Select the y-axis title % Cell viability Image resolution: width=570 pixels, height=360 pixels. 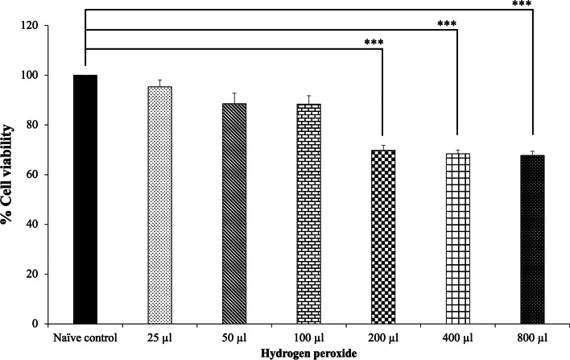click(10, 173)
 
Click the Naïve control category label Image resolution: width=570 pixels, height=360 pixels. click(85, 336)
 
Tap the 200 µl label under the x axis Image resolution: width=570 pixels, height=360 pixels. click(382, 336)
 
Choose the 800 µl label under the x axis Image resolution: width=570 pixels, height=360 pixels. click(531, 336)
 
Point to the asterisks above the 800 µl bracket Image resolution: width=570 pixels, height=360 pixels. click(522, 3)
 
